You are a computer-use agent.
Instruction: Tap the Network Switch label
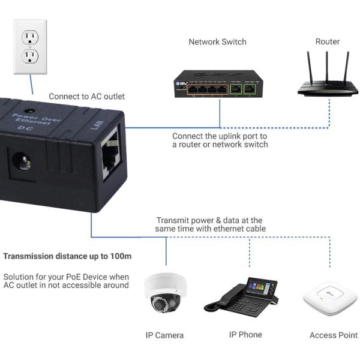point(217,42)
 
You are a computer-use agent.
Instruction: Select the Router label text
point(328,42)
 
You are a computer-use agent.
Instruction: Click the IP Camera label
point(164,335)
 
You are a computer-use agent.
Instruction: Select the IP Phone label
point(245,334)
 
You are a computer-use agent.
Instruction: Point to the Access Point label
point(333,335)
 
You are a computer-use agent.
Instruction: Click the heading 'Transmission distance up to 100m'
point(67,256)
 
